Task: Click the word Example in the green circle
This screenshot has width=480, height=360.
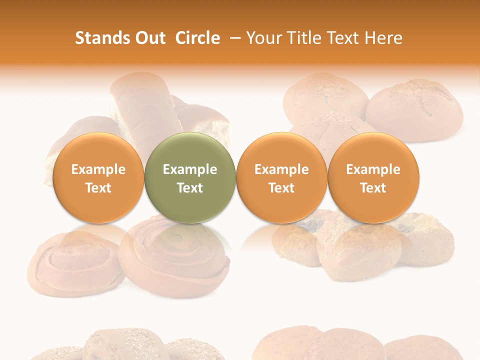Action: (x=190, y=169)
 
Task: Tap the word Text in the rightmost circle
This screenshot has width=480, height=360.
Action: (x=373, y=188)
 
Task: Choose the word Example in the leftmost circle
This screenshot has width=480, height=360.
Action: (x=98, y=169)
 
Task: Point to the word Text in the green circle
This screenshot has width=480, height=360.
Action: (x=190, y=188)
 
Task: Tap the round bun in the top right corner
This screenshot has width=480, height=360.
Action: (x=415, y=110)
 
